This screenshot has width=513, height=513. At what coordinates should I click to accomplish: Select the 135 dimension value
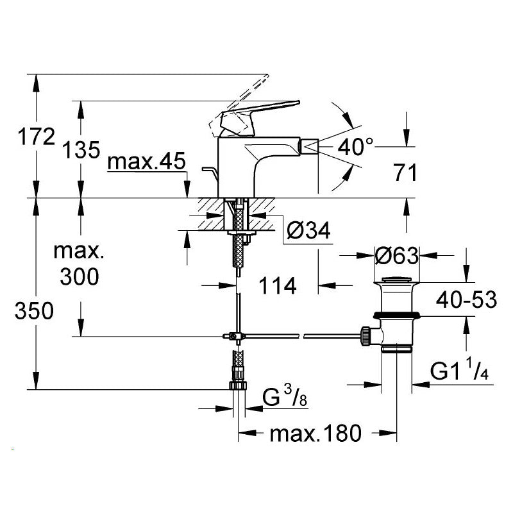[81, 150]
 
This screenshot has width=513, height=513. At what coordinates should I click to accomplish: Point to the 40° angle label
[355, 147]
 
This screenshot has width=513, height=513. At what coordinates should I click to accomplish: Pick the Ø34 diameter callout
[308, 230]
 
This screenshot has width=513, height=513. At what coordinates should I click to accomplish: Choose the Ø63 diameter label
[396, 256]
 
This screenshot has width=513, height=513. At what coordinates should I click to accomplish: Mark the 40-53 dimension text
[466, 299]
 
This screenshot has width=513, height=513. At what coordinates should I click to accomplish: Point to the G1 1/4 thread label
[459, 371]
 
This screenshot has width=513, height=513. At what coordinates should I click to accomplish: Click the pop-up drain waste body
[396, 314]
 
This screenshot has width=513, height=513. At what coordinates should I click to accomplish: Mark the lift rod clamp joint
[233, 336]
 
